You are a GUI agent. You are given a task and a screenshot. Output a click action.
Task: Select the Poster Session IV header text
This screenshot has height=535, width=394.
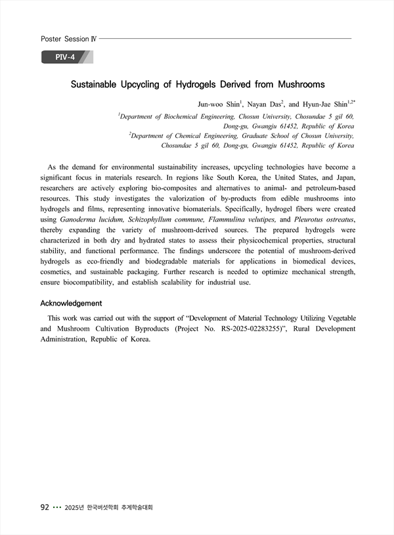pyautogui.click(x=68, y=39)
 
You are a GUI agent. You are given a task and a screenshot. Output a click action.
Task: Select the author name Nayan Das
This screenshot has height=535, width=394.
pyautogui.click(x=265, y=104)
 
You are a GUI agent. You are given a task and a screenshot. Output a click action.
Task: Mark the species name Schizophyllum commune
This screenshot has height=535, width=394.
pyautogui.click(x=164, y=219)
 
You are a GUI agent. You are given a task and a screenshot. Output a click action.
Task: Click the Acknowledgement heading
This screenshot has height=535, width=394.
pyautogui.click(x=71, y=303)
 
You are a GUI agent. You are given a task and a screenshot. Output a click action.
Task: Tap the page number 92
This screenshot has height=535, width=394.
pyautogui.click(x=46, y=507)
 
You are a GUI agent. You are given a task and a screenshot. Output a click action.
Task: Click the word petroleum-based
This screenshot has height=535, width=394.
pyautogui.click(x=324, y=187)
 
